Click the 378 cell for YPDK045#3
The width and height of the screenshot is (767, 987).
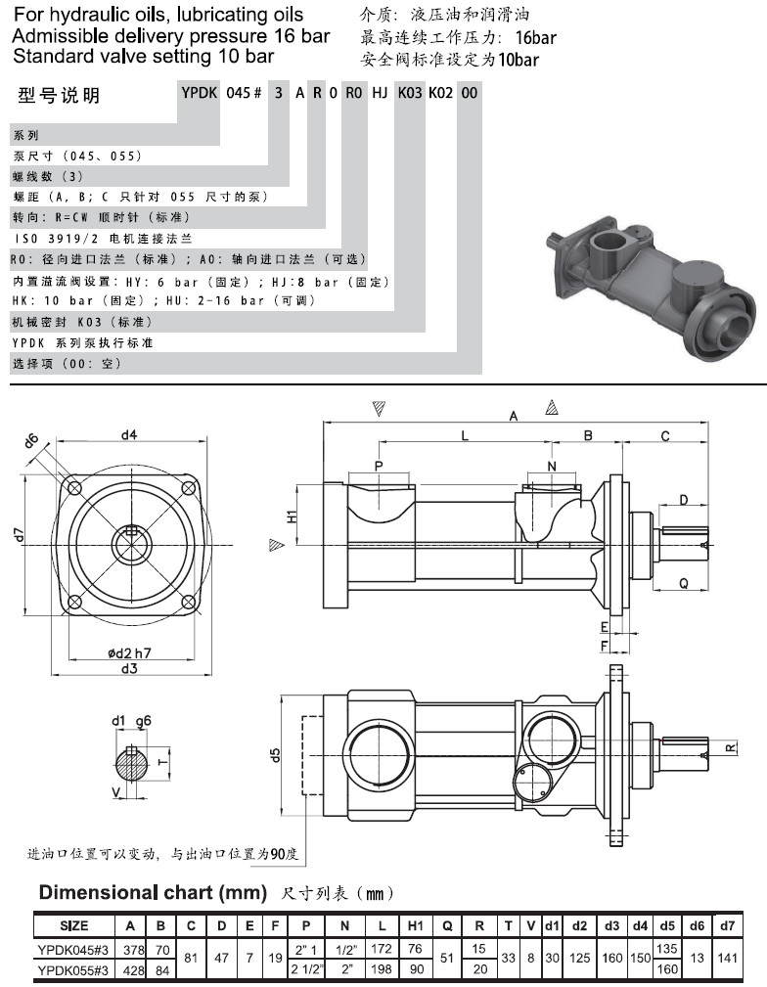tap(130, 949)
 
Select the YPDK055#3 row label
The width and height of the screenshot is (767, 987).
tap(74, 969)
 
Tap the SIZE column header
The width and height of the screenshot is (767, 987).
tap(74, 925)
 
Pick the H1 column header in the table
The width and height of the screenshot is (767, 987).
tap(414, 925)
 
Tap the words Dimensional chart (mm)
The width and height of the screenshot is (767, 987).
tap(152, 892)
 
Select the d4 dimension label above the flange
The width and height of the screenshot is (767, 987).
tap(128, 433)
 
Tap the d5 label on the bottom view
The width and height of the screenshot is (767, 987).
tap(276, 754)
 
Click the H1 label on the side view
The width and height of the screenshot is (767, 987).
tap(292, 516)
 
